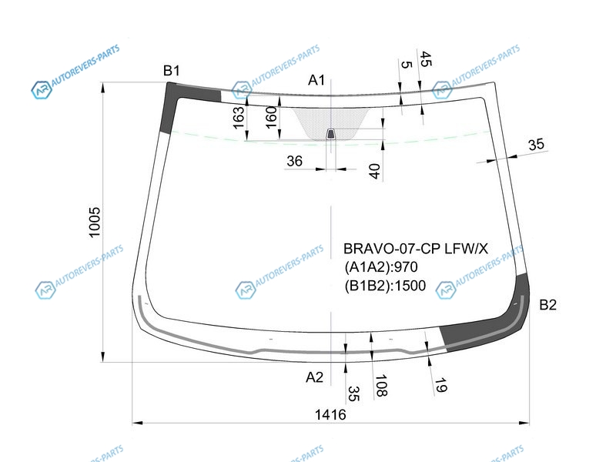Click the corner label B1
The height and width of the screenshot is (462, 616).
tap(171, 71)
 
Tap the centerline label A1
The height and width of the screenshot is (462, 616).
tap(316, 80)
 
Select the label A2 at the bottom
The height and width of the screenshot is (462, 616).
tap(314, 377)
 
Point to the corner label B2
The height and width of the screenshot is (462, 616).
tap(547, 304)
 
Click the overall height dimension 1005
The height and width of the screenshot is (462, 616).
tap(95, 223)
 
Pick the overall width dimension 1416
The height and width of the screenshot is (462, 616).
tap(330, 414)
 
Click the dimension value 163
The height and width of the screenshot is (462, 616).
tap(239, 118)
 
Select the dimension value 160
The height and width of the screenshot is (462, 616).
tap(271, 117)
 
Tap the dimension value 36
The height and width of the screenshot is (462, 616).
tap(294, 161)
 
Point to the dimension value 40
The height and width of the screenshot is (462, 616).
tap(374, 171)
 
